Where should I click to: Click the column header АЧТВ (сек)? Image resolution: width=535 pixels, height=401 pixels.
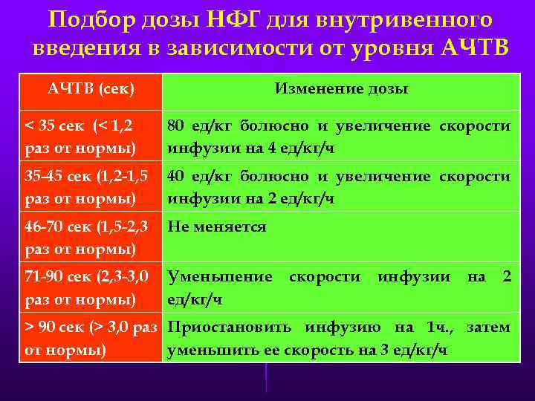pyautogui.click(x=91, y=89)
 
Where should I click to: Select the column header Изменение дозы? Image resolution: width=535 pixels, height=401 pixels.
pyautogui.click(x=341, y=89)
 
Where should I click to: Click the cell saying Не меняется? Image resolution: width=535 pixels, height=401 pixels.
pyautogui.click(x=217, y=226)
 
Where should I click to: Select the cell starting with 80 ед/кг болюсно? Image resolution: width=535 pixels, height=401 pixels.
pyautogui.click(x=338, y=137)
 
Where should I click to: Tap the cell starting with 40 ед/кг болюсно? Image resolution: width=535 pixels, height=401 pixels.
pyautogui.click(x=338, y=187)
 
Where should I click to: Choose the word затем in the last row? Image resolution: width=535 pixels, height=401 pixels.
pyautogui.click(x=487, y=327)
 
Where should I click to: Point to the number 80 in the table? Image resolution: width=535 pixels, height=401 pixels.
pyautogui.click(x=175, y=126)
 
